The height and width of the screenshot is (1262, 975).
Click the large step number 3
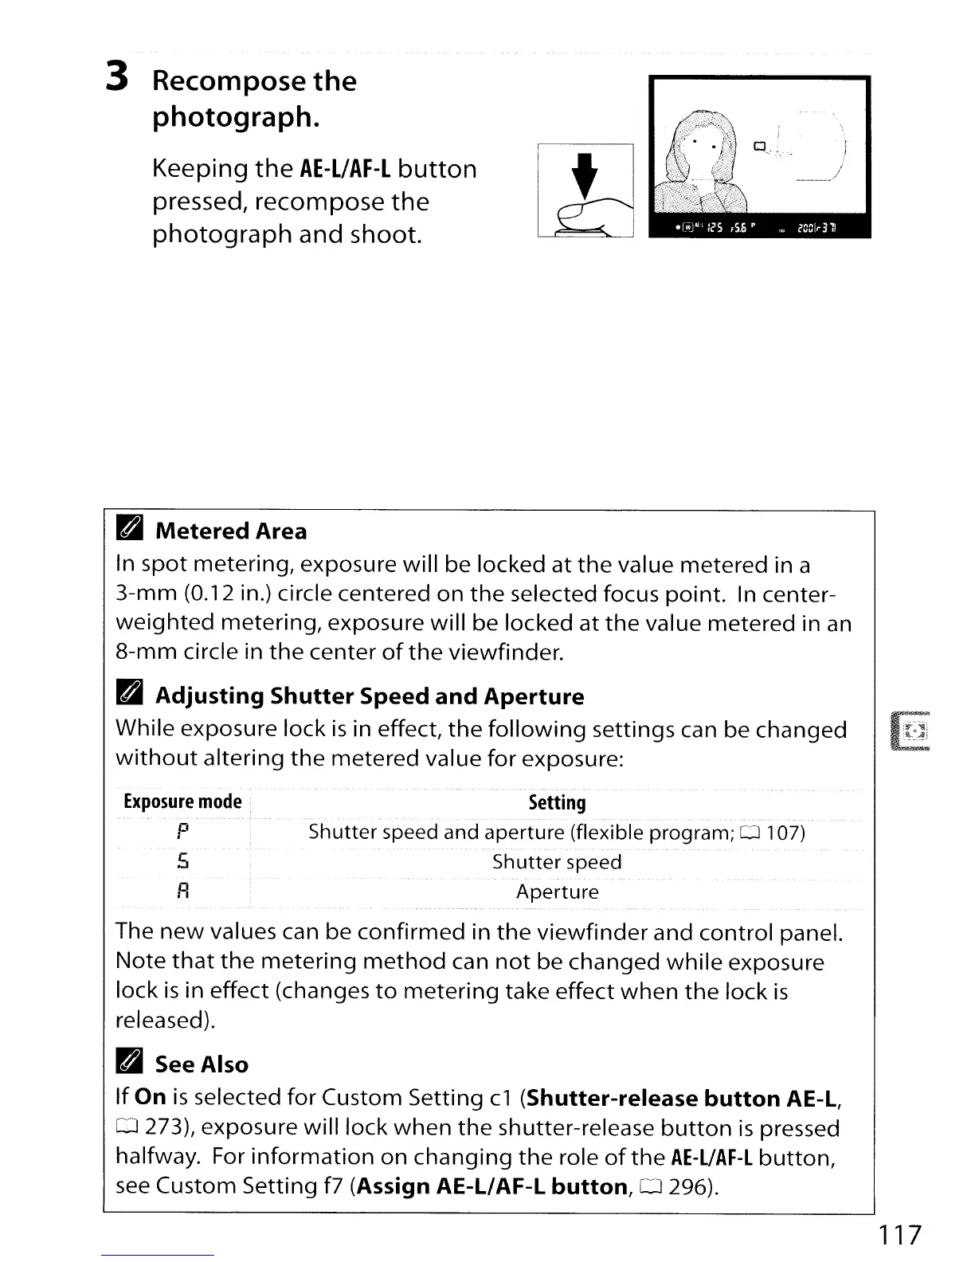click(117, 78)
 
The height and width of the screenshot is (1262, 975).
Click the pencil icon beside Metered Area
click(130, 530)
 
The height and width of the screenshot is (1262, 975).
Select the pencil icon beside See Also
click(130, 1064)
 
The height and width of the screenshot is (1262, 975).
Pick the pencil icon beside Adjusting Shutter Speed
click(130, 696)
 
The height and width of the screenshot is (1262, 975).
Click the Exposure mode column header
click(182, 801)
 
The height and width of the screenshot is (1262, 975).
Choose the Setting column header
click(557, 802)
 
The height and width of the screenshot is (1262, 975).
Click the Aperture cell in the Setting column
click(557, 892)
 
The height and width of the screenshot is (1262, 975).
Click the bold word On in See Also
click(151, 1097)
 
